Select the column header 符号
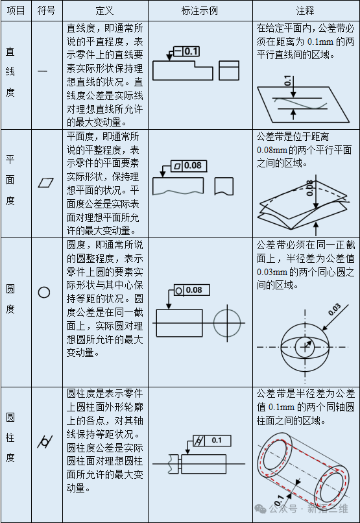coord(45,11)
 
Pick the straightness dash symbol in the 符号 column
coord(43,71)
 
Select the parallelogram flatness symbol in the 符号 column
coord(44,182)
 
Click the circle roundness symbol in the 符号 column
coord(44,292)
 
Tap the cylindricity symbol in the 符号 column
coord(44,442)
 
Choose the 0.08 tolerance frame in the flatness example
coord(189,166)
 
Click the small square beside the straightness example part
coord(230,70)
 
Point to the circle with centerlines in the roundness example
coord(228,322)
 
